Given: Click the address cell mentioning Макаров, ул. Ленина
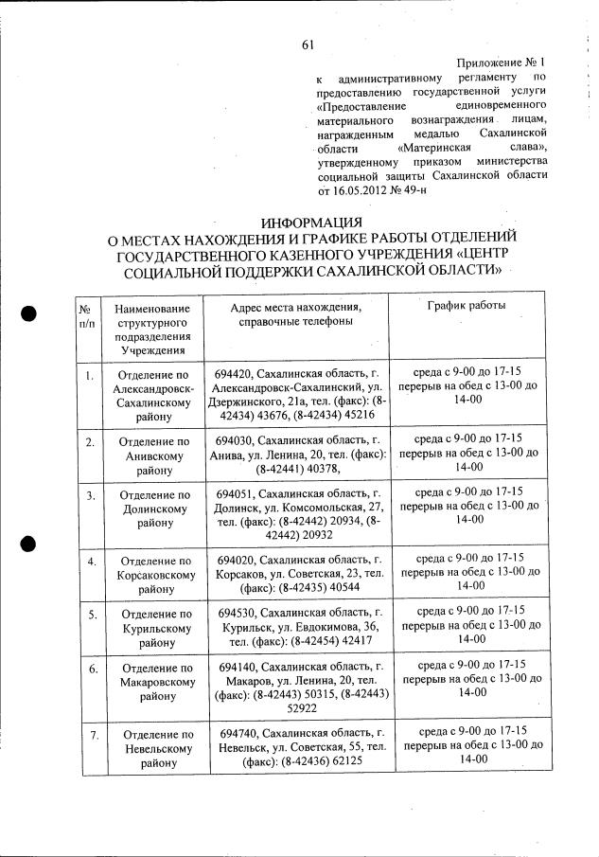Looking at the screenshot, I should pos(298,693).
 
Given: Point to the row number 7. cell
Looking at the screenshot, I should pos(88,734).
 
